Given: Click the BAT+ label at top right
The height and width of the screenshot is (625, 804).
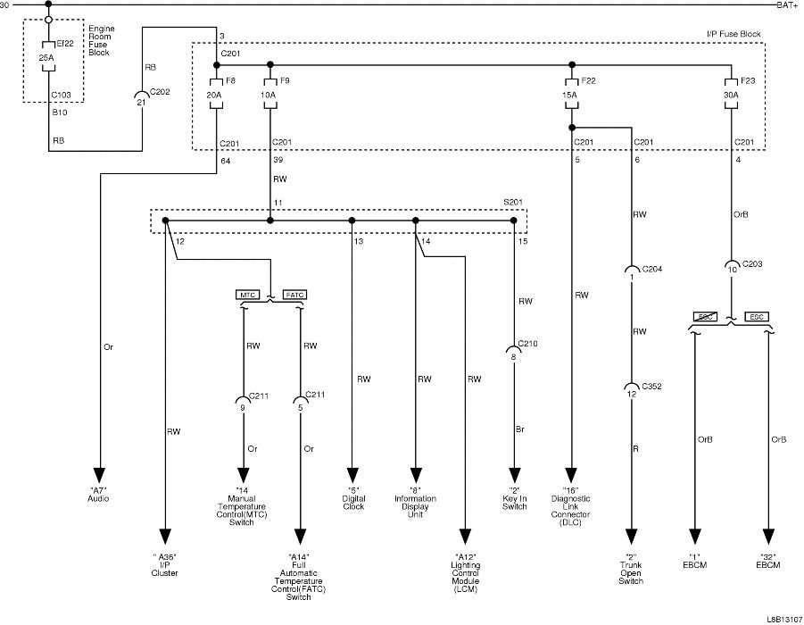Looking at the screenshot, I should [x=786, y=5].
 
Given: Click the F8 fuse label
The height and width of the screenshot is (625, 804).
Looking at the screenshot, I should [x=231, y=81].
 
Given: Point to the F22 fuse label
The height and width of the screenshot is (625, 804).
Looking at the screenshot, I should [x=589, y=81].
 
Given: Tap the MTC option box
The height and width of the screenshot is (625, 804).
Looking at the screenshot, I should [x=245, y=294].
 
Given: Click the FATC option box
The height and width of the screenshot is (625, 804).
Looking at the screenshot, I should [x=294, y=294].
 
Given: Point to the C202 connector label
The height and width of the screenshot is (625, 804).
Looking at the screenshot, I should [x=160, y=90].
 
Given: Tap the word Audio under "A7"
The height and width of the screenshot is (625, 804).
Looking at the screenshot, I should [x=98, y=498].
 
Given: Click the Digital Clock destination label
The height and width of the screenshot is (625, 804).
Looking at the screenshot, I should [x=353, y=503].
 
